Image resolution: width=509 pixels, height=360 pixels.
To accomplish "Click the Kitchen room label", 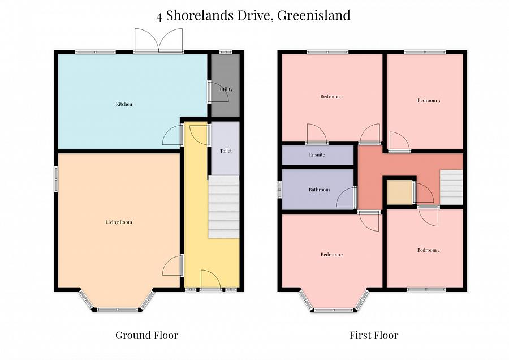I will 124,104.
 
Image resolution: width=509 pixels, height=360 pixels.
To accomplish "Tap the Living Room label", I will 119,222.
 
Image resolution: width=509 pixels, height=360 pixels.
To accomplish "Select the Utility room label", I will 226,89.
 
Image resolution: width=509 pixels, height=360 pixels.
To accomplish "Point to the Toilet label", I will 226,151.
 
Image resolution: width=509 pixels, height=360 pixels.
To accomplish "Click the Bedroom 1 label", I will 331,97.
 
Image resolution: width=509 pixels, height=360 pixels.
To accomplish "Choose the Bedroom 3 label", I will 429,101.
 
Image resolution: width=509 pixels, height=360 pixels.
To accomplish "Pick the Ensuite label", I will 317,155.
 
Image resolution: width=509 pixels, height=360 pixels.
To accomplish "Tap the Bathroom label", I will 319,190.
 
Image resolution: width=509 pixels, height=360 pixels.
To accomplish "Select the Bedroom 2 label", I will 332,255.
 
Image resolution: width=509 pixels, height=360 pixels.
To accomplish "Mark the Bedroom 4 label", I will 427,250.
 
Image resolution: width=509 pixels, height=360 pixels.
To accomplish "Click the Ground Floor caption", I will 146,335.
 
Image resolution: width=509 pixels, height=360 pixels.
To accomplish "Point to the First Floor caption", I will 374,335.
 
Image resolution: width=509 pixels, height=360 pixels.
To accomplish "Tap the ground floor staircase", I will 224,207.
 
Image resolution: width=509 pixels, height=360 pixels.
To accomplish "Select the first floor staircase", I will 451,187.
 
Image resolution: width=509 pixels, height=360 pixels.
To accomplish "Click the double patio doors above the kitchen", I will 158,41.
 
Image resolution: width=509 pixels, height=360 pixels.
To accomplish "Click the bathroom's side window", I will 279,190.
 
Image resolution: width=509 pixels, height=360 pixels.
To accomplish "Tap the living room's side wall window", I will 56,179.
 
